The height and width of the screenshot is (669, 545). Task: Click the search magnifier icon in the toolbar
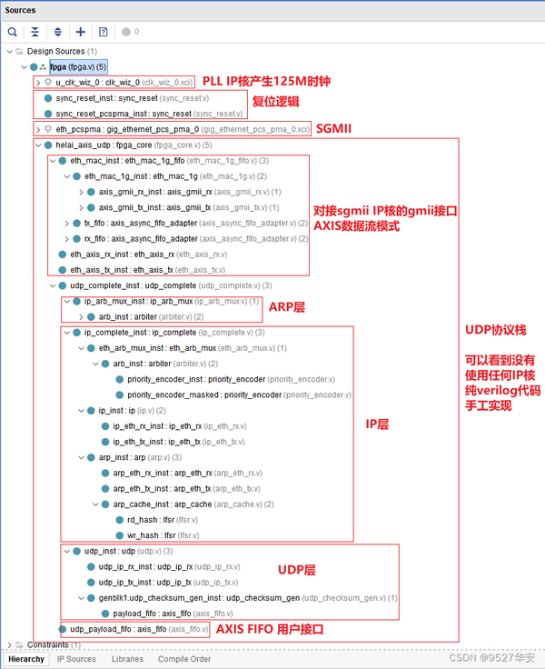13,32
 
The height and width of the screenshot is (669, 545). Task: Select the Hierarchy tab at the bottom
26,659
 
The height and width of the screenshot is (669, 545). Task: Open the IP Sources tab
76,659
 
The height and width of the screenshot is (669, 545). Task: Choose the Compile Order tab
184,659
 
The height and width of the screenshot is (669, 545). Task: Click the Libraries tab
127,659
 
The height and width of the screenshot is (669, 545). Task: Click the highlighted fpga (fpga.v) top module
78,67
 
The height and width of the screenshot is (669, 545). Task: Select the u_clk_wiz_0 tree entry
124,83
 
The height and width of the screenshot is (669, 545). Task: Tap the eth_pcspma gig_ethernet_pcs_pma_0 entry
182,129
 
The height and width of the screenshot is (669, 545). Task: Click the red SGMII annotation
333,128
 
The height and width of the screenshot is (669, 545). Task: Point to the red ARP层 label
286,306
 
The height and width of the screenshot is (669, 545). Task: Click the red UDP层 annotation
296,570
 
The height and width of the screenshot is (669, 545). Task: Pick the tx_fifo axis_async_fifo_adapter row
195,223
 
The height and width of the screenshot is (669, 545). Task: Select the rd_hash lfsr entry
163,520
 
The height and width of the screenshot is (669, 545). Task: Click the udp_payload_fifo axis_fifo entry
139,629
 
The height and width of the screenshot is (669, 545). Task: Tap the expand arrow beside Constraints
9,644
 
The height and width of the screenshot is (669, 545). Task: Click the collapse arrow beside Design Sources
9,51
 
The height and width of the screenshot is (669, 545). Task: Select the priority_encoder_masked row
239,394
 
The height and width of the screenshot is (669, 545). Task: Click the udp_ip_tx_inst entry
168,582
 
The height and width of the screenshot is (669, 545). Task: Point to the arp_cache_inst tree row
193,504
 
